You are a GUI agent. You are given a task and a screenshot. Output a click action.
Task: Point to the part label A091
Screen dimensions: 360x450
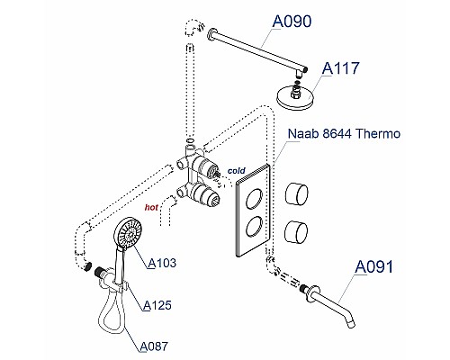coord(375,266)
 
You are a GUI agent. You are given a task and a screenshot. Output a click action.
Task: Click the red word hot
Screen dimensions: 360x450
coord(153,206)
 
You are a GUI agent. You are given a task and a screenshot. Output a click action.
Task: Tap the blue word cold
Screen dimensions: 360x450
coord(237,169)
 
